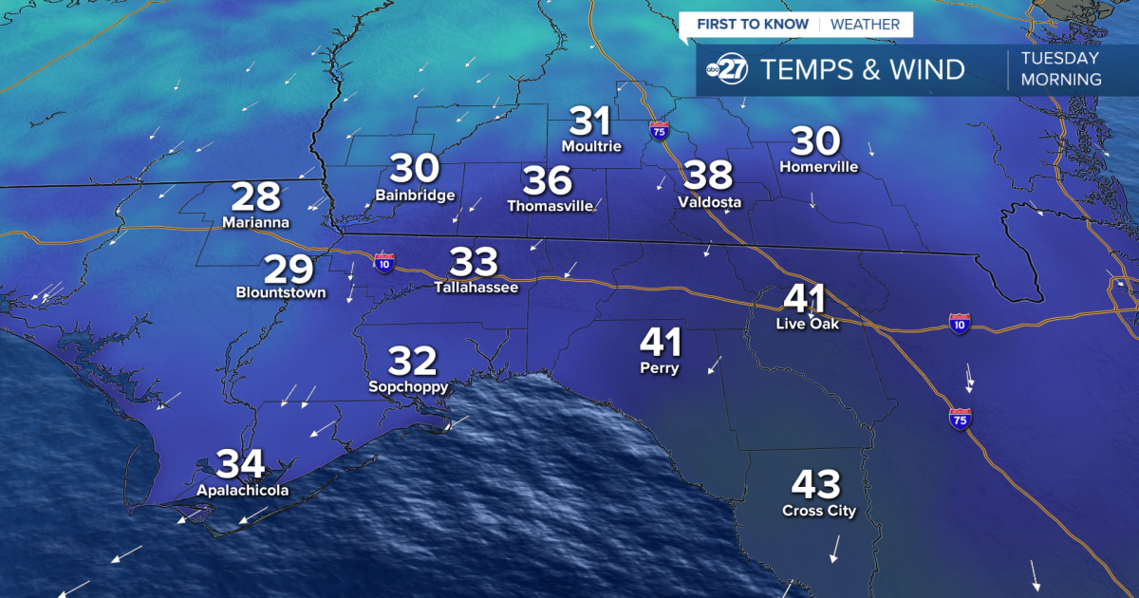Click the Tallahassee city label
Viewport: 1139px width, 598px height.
click(x=476, y=287)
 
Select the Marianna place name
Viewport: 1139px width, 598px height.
click(x=255, y=223)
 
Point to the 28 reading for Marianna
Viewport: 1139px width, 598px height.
click(x=256, y=197)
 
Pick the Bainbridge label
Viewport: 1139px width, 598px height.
click(x=415, y=195)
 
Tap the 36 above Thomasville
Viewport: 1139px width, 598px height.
click(x=548, y=180)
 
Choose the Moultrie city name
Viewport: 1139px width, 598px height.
click(x=591, y=146)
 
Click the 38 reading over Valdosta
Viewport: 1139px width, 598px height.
click(x=709, y=176)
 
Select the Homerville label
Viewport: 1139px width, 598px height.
click(x=818, y=167)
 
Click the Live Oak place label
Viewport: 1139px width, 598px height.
click(x=805, y=324)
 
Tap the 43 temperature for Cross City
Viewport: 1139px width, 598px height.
click(x=817, y=485)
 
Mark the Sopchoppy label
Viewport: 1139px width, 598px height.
click(x=408, y=387)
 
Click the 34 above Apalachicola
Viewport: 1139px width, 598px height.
click(x=241, y=464)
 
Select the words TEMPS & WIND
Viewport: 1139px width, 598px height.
click(x=863, y=69)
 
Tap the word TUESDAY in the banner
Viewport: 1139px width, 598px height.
click(x=1059, y=58)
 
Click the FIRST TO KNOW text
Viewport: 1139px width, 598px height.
click(x=753, y=25)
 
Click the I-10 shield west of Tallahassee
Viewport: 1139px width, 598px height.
click(x=384, y=263)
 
